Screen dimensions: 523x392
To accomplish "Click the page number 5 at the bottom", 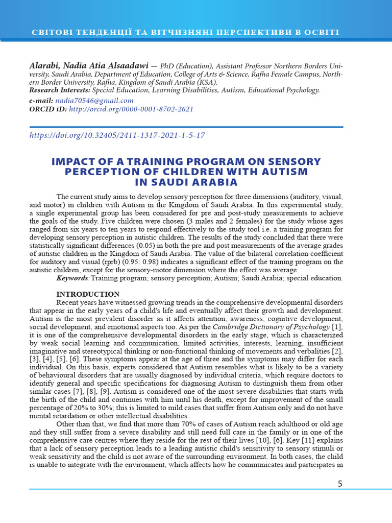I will (340, 484).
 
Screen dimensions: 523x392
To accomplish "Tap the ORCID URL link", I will (131, 109).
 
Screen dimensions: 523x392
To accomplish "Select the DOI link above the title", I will (117, 135).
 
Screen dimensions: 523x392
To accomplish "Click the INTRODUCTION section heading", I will (88, 294).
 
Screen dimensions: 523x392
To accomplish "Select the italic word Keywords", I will (72, 278).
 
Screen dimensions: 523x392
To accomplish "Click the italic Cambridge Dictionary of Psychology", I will (271, 326).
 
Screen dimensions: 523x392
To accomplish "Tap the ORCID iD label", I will (48, 109).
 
